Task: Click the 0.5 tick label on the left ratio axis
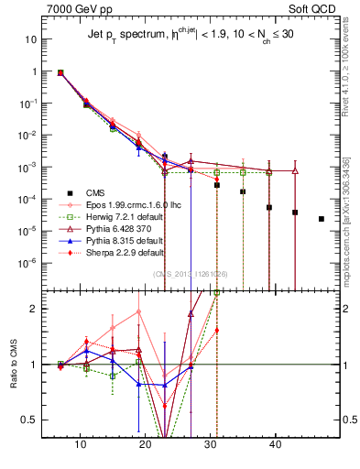click(34, 420)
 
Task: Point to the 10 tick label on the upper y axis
click(31, 40)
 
